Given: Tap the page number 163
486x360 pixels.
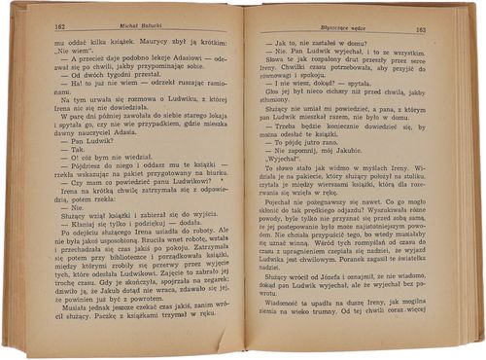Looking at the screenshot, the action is coord(420,29).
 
